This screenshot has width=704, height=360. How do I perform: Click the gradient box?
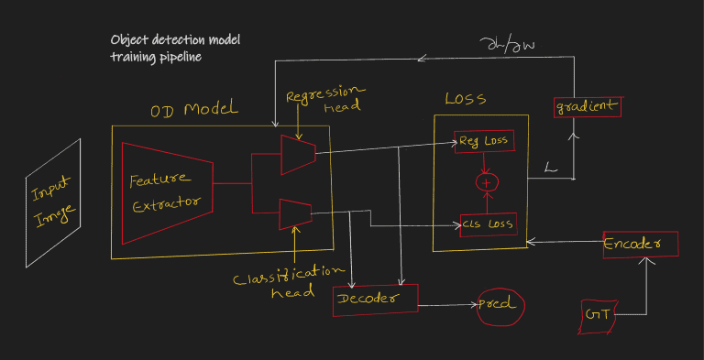coord(588,106)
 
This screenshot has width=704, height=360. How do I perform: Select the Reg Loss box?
coord(484,141)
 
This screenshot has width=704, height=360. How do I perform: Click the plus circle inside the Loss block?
coord(486,182)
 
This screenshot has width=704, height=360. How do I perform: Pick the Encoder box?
coord(640,244)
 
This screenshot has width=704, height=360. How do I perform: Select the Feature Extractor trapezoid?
coord(166,192)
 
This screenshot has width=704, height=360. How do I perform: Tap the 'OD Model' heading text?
coord(194,111)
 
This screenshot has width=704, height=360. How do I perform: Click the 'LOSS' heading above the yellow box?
coord(465,98)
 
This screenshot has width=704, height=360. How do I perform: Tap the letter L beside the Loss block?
coord(551,168)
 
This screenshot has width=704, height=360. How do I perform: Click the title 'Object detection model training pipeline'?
coord(175,49)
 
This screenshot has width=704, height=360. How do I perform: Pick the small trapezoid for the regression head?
coord(297,154)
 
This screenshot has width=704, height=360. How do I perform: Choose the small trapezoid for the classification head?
coord(295,214)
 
